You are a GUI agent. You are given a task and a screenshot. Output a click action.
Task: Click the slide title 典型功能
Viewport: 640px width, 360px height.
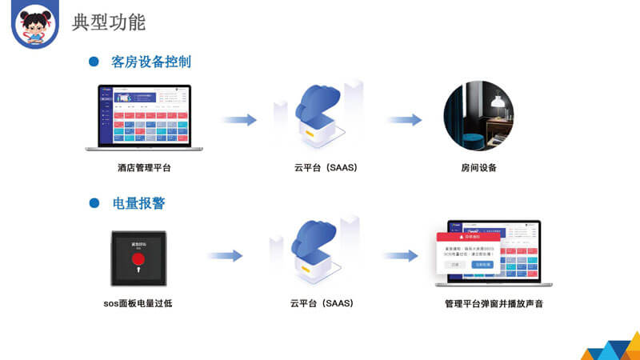coord(109,22)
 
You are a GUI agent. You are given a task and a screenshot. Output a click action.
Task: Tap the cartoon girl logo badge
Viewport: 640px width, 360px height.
coord(35,25)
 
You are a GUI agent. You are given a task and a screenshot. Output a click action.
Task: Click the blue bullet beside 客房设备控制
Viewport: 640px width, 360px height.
coord(94,62)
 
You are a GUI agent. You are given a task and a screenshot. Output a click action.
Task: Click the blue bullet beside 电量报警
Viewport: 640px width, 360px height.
coord(94,203)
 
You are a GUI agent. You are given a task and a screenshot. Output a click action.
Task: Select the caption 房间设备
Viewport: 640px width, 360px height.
coord(478,168)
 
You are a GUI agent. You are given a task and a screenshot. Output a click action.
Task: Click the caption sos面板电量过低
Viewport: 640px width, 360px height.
coord(138,304)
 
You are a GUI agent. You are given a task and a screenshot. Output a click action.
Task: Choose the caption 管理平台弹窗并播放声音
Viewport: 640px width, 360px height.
coord(494,304)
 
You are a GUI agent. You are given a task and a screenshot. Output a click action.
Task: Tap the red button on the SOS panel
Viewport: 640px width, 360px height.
coord(138,258)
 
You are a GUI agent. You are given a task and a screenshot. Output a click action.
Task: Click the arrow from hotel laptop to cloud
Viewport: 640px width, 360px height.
coord(239,120)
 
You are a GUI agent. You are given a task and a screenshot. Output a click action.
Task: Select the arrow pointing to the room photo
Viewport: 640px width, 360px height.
coord(405,120)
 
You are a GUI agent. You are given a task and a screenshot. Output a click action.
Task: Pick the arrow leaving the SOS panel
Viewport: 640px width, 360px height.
coord(225,256)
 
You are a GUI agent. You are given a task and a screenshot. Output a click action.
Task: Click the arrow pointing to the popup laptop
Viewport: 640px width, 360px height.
coord(400,256)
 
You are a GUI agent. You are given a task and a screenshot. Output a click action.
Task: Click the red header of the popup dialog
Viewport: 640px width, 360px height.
coord(468,238)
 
